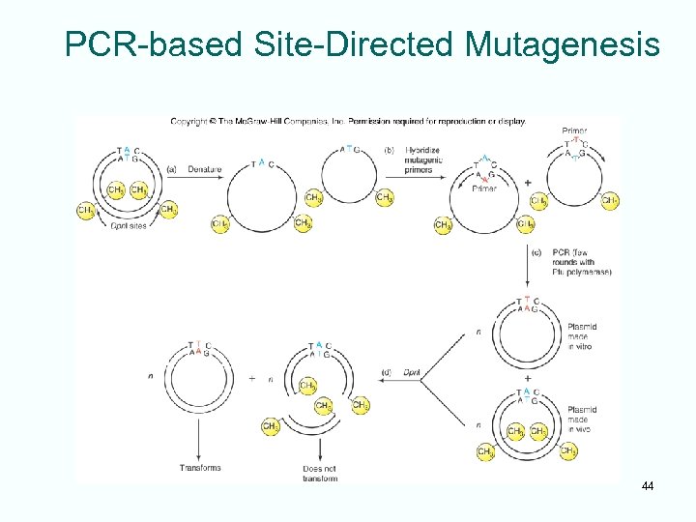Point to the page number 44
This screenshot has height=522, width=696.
coord(647,485)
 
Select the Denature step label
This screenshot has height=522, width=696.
coord(204,169)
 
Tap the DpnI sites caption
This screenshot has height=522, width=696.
coord(130,223)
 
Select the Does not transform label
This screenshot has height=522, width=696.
coord(319,473)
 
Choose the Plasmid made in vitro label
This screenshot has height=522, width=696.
coord(582,335)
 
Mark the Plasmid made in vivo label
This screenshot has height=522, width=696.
coord(582,419)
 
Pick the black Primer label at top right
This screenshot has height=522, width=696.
coord(574,130)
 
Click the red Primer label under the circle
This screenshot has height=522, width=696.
coord(484,188)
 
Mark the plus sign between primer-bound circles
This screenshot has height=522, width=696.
coord(527,182)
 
